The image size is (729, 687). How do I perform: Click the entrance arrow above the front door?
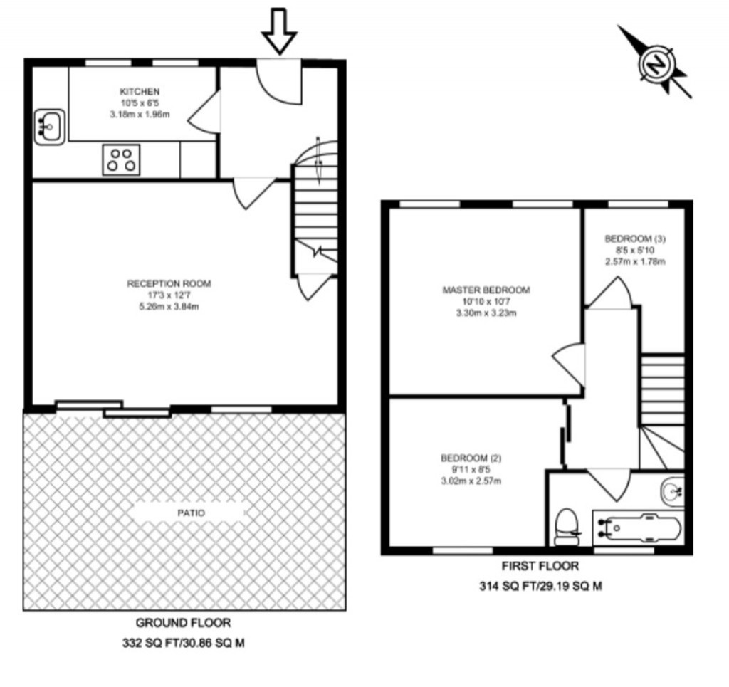coord(279,31)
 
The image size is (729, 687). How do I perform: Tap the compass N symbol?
coord(656,63)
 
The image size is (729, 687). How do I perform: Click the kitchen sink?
coord(49,127)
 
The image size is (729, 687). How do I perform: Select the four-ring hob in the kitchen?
coord(121,160)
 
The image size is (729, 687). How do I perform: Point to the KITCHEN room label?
coord(140,92)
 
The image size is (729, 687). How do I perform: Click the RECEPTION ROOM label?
coord(169,283)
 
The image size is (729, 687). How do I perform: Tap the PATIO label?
coord(191,513)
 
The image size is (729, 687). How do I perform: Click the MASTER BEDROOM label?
coord(486,290)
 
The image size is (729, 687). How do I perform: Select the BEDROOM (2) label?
coord(471,458)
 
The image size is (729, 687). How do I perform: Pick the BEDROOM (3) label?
coord(635,239)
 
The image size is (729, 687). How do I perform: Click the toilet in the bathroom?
coord(567,527)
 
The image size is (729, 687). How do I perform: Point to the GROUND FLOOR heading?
coord(183,622)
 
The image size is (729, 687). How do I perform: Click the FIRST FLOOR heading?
coord(540,566)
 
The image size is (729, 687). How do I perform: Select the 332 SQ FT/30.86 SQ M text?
coord(183,643)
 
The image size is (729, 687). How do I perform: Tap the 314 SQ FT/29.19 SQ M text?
coord(541,586)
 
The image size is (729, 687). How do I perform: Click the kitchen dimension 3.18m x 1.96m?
coord(140,114)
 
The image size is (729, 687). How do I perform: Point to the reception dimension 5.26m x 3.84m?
coord(169,306)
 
